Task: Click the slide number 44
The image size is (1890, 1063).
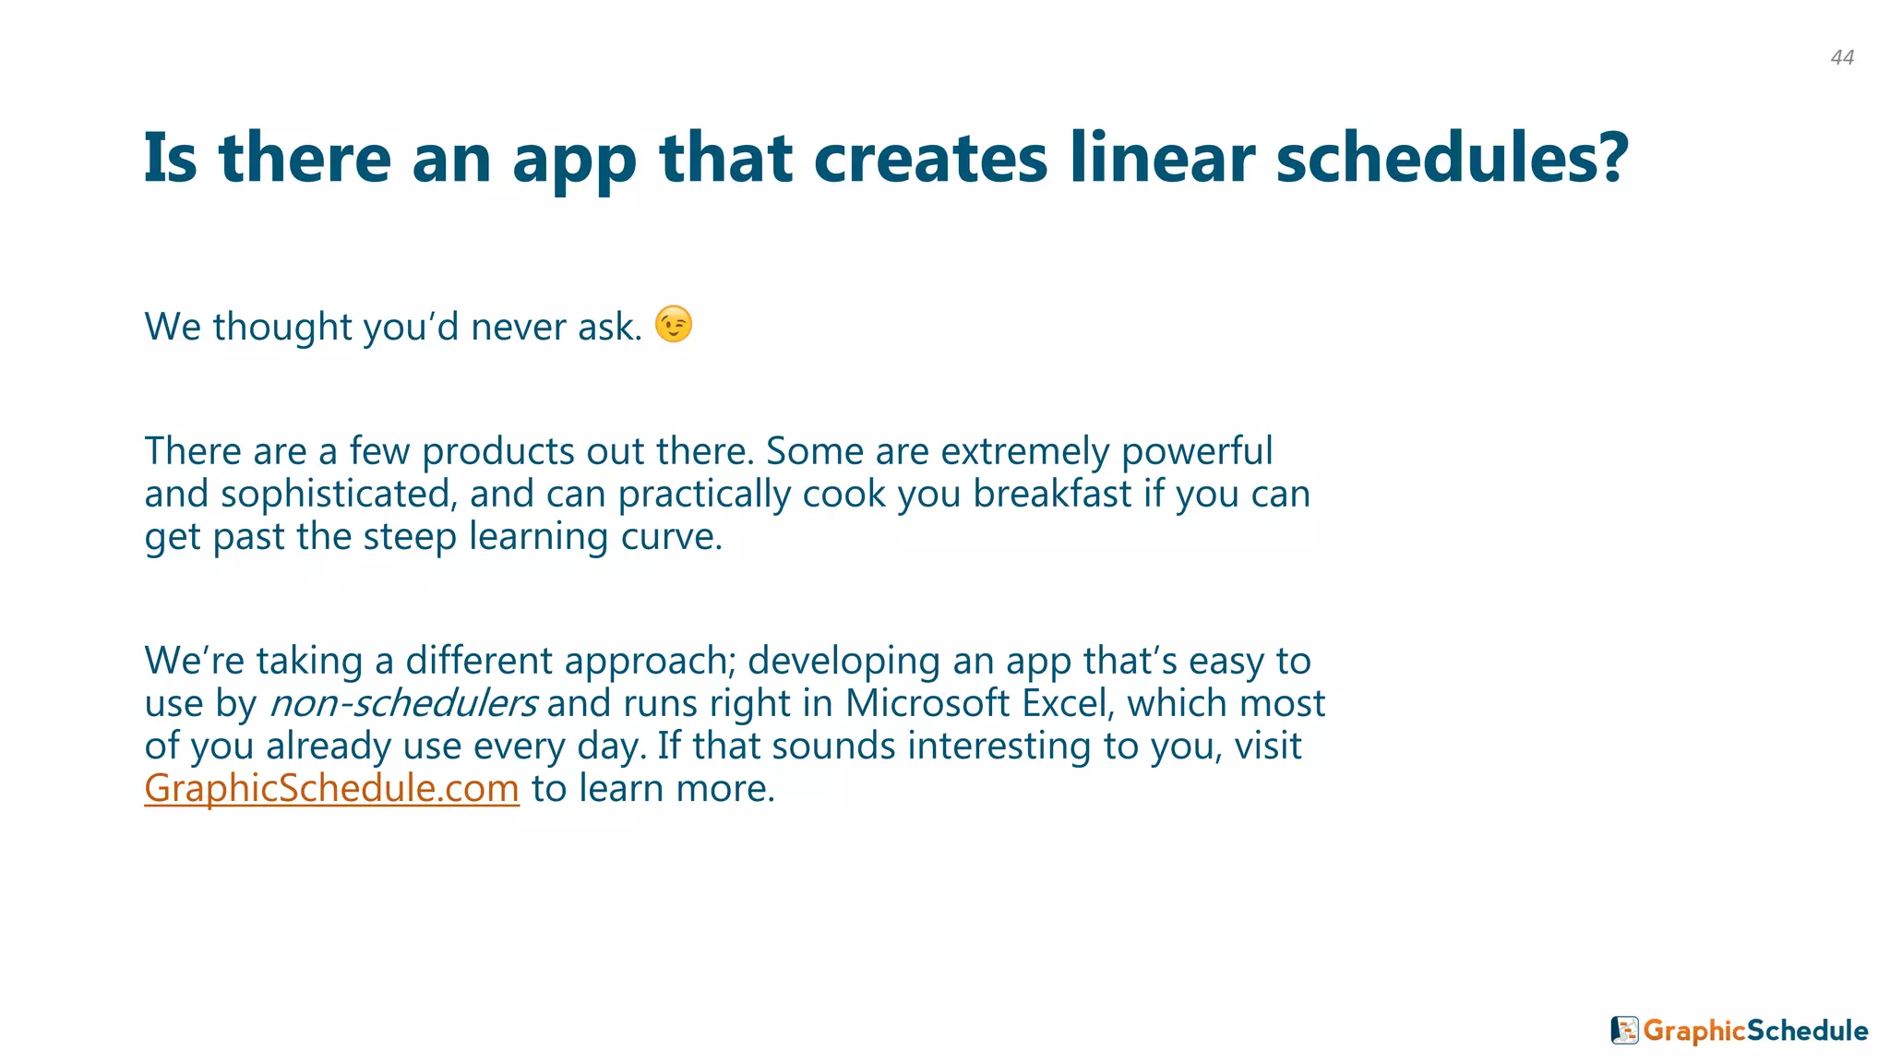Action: (x=1842, y=57)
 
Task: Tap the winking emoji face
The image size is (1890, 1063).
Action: (x=674, y=324)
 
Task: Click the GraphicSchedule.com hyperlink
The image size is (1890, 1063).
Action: (x=331, y=788)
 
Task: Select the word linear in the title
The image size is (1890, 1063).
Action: (x=1162, y=158)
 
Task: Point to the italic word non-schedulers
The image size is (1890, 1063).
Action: (x=402, y=703)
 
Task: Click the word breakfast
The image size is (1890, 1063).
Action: (x=1051, y=494)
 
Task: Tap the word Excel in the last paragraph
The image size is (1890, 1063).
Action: (x=1064, y=703)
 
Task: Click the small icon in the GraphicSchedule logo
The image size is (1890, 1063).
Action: (x=1624, y=1030)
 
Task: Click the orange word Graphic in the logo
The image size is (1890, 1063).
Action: (x=1694, y=1031)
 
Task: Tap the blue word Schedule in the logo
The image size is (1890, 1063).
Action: (x=1808, y=1030)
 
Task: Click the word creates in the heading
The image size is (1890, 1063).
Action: (x=929, y=158)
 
